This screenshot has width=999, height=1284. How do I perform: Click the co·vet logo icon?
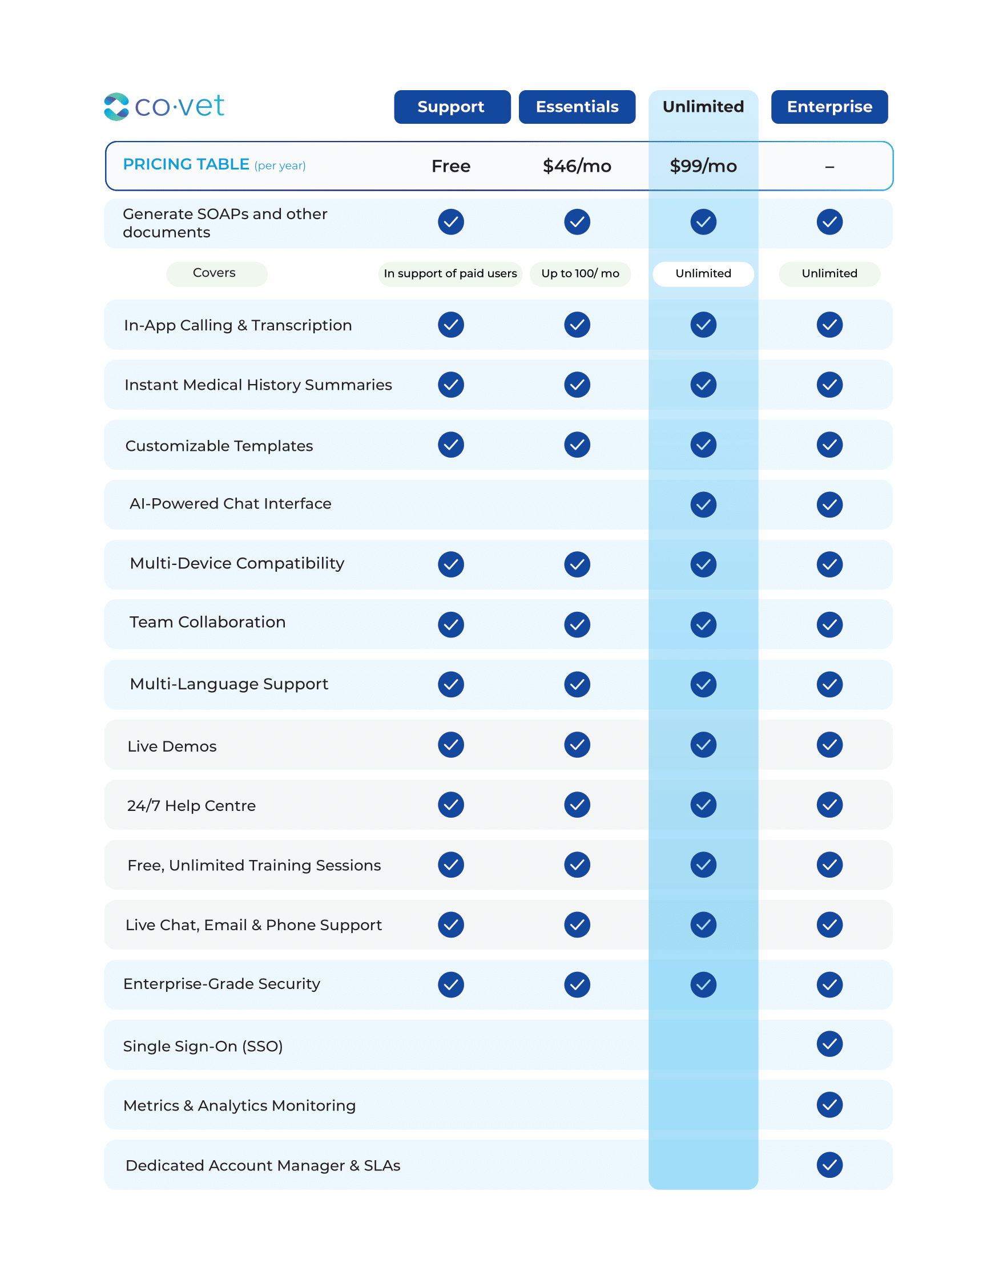(x=116, y=107)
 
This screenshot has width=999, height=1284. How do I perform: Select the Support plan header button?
(x=452, y=107)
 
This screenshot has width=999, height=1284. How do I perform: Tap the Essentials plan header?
(x=577, y=107)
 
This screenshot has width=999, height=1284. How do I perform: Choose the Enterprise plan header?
(x=829, y=107)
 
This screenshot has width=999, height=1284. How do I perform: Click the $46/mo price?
(x=577, y=167)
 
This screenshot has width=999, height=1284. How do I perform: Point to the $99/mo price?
(x=703, y=167)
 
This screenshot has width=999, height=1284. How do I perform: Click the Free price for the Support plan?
(x=451, y=167)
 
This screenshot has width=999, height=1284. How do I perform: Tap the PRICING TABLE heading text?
(x=186, y=164)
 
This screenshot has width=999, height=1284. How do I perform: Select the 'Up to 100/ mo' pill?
(x=580, y=274)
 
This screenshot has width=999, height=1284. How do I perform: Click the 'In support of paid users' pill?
(x=450, y=274)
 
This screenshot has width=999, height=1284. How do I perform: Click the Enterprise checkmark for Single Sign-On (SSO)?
(x=829, y=1044)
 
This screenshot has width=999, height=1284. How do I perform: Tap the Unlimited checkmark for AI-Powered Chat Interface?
(x=703, y=504)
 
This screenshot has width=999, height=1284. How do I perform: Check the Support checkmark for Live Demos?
(x=451, y=745)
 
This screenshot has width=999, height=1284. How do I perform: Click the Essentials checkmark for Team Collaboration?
(x=577, y=624)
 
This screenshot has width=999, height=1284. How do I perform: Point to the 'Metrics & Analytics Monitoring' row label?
(x=239, y=1106)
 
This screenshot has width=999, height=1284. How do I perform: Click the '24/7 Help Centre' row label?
(x=192, y=806)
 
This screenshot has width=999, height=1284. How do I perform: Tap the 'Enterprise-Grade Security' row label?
(x=221, y=984)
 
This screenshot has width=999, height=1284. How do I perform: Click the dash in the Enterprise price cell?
(x=829, y=168)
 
